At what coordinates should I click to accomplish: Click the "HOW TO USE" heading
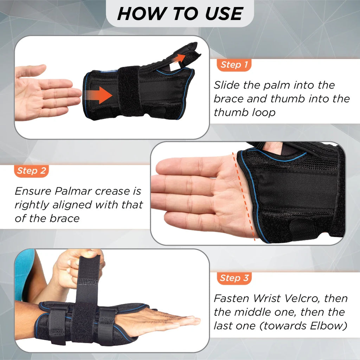pyautogui.click(x=180, y=13)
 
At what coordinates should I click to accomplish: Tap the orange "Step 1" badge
pyautogui.click(x=234, y=65)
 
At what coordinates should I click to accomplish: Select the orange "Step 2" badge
pyautogui.click(x=31, y=171)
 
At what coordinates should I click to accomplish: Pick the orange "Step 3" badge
pyautogui.click(x=234, y=278)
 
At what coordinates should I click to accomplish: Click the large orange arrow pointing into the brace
pyautogui.click(x=98, y=95)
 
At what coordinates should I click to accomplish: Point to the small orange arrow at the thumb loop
pyautogui.click(x=179, y=59)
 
